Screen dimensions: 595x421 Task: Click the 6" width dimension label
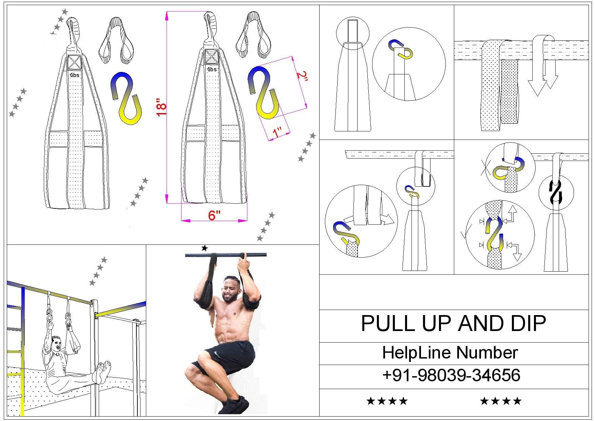tap(214, 215)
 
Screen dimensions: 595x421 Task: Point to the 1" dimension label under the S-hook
tap(277, 132)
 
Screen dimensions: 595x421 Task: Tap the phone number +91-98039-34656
tap(451, 376)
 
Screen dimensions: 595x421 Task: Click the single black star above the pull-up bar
tap(204, 248)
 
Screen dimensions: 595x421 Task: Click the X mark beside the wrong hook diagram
tap(484, 168)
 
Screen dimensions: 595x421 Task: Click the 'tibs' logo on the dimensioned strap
tap(212, 69)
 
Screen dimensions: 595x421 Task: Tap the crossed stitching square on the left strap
tap(74, 63)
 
